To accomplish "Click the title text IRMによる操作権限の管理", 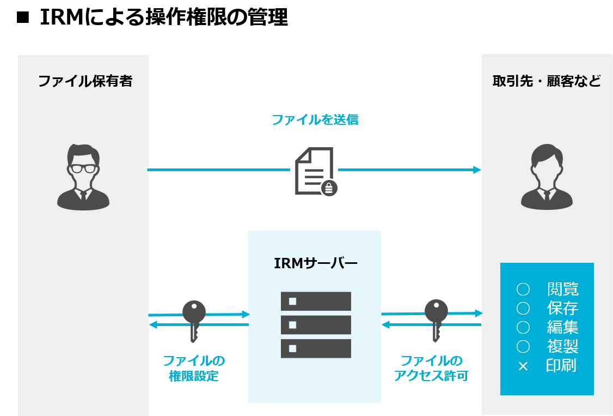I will pyautogui.click(x=163, y=19).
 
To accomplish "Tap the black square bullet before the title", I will pyautogui.click(x=22, y=19).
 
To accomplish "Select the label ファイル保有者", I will pyautogui.click(x=85, y=81).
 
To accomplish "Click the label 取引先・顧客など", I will pyautogui.click(x=547, y=81).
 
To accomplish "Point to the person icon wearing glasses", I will pyautogui.click(x=83, y=177).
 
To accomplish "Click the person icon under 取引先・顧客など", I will pyautogui.click(x=547, y=177).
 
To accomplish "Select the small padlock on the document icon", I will pyautogui.click(x=329, y=188).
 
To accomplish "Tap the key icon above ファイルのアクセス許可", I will pyautogui.click(x=436, y=319).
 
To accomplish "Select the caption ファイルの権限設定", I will pyautogui.click(x=194, y=368).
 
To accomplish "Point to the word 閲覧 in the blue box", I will pyautogui.click(x=562, y=290).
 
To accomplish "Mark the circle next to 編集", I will pyautogui.click(x=523, y=328).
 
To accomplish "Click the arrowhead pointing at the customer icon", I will pyautogui.click(x=477, y=170).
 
